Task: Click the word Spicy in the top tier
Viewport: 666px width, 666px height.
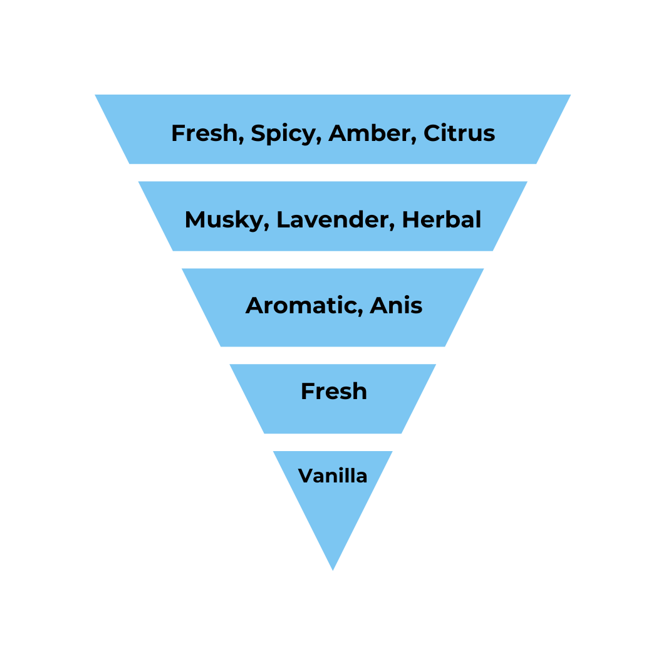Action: (x=282, y=133)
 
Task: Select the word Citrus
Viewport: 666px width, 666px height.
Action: (x=459, y=133)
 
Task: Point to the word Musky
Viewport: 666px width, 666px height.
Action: (x=224, y=220)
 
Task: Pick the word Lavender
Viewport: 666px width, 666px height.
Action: (x=333, y=220)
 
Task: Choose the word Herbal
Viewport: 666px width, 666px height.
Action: (x=441, y=219)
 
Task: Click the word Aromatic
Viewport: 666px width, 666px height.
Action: (x=301, y=306)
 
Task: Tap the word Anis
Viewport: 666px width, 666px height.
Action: (x=396, y=306)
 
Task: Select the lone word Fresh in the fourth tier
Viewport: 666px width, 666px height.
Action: (x=333, y=392)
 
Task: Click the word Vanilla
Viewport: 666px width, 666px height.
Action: (x=333, y=476)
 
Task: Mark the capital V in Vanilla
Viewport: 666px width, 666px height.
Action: (x=305, y=476)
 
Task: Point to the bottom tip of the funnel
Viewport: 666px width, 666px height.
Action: (x=333, y=570)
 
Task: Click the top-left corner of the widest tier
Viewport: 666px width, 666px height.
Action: (x=96, y=95)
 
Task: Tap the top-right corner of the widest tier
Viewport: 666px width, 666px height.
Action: (x=570, y=95)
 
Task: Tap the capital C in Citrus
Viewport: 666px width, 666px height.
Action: (x=431, y=133)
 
